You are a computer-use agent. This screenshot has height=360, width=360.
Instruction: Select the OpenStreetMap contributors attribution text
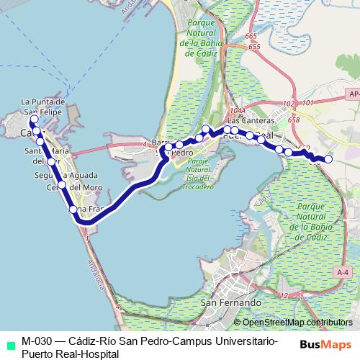pyautogui.click(x=297, y=323)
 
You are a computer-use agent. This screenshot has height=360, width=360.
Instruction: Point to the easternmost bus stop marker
pyautogui.click(x=328, y=158)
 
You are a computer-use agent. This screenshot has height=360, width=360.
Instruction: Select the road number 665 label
pyautogui.click(x=251, y=36)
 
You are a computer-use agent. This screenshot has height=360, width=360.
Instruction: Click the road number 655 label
pyautogui.click(x=254, y=47)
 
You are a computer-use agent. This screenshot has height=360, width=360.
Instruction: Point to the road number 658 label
pyautogui.click(x=294, y=120)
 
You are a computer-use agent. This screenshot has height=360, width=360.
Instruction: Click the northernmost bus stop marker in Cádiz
pyautogui.click(x=34, y=119)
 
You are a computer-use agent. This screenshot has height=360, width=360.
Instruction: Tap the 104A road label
pyautogui.click(x=239, y=110)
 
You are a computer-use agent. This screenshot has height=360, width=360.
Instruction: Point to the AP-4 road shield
pyautogui.click(x=352, y=93)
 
